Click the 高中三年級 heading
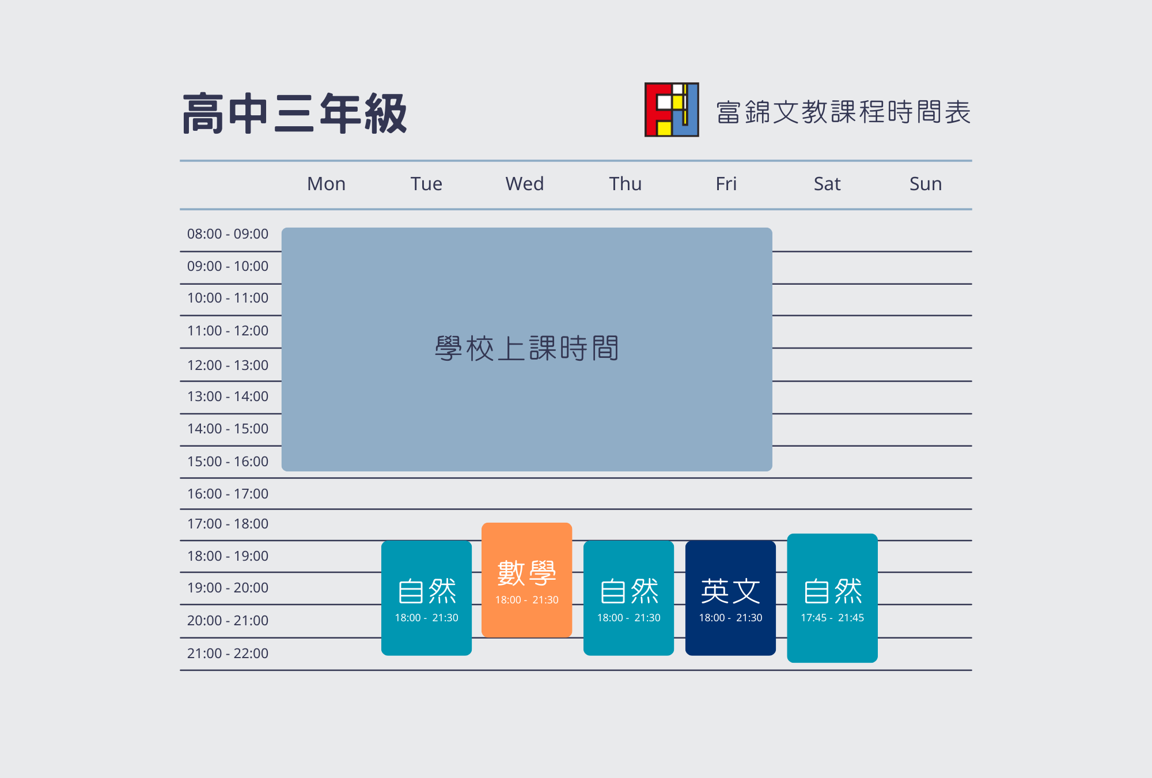(x=294, y=114)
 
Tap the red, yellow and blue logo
(x=672, y=109)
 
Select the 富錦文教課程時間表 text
(x=843, y=112)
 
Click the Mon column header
(x=326, y=184)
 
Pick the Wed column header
(x=524, y=184)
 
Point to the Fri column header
(x=726, y=184)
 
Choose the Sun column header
(x=926, y=184)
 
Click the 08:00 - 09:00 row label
(x=228, y=234)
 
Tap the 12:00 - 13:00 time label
(x=228, y=365)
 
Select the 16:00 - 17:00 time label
(x=228, y=494)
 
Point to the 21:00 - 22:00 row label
(x=228, y=654)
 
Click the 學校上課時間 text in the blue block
(x=526, y=349)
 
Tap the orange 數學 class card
(x=526, y=580)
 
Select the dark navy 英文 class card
(x=730, y=598)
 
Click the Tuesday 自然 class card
(x=426, y=598)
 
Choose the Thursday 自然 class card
(x=628, y=598)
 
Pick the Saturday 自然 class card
(x=832, y=598)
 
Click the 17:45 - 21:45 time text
(x=832, y=618)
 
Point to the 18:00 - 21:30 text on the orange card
(x=526, y=600)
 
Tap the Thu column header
(x=626, y=184)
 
